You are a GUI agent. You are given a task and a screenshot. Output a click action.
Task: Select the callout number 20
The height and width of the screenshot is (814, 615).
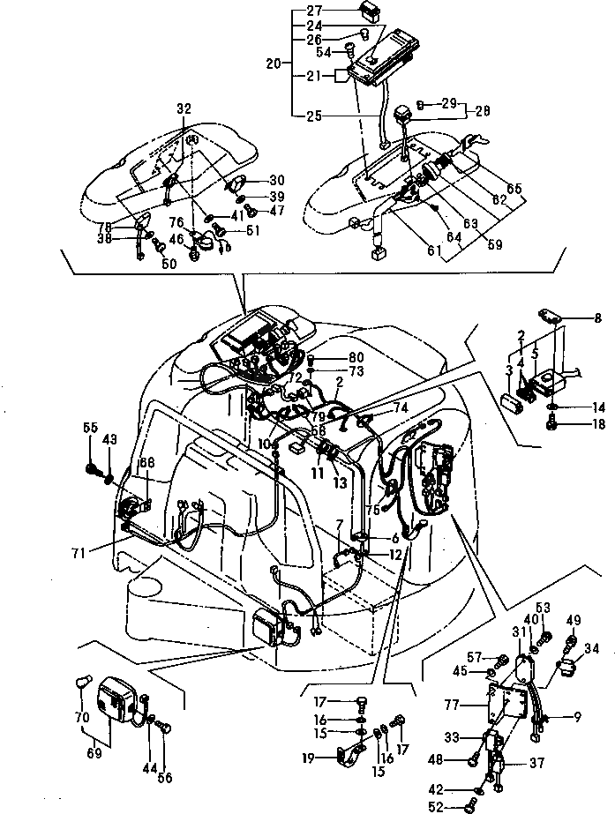click(x=273, y=63)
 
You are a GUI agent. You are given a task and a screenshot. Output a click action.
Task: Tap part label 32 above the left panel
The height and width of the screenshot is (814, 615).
click(x=183, y=108)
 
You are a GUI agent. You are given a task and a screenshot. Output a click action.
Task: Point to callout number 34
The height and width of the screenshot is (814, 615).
click(x=592, y=650)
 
